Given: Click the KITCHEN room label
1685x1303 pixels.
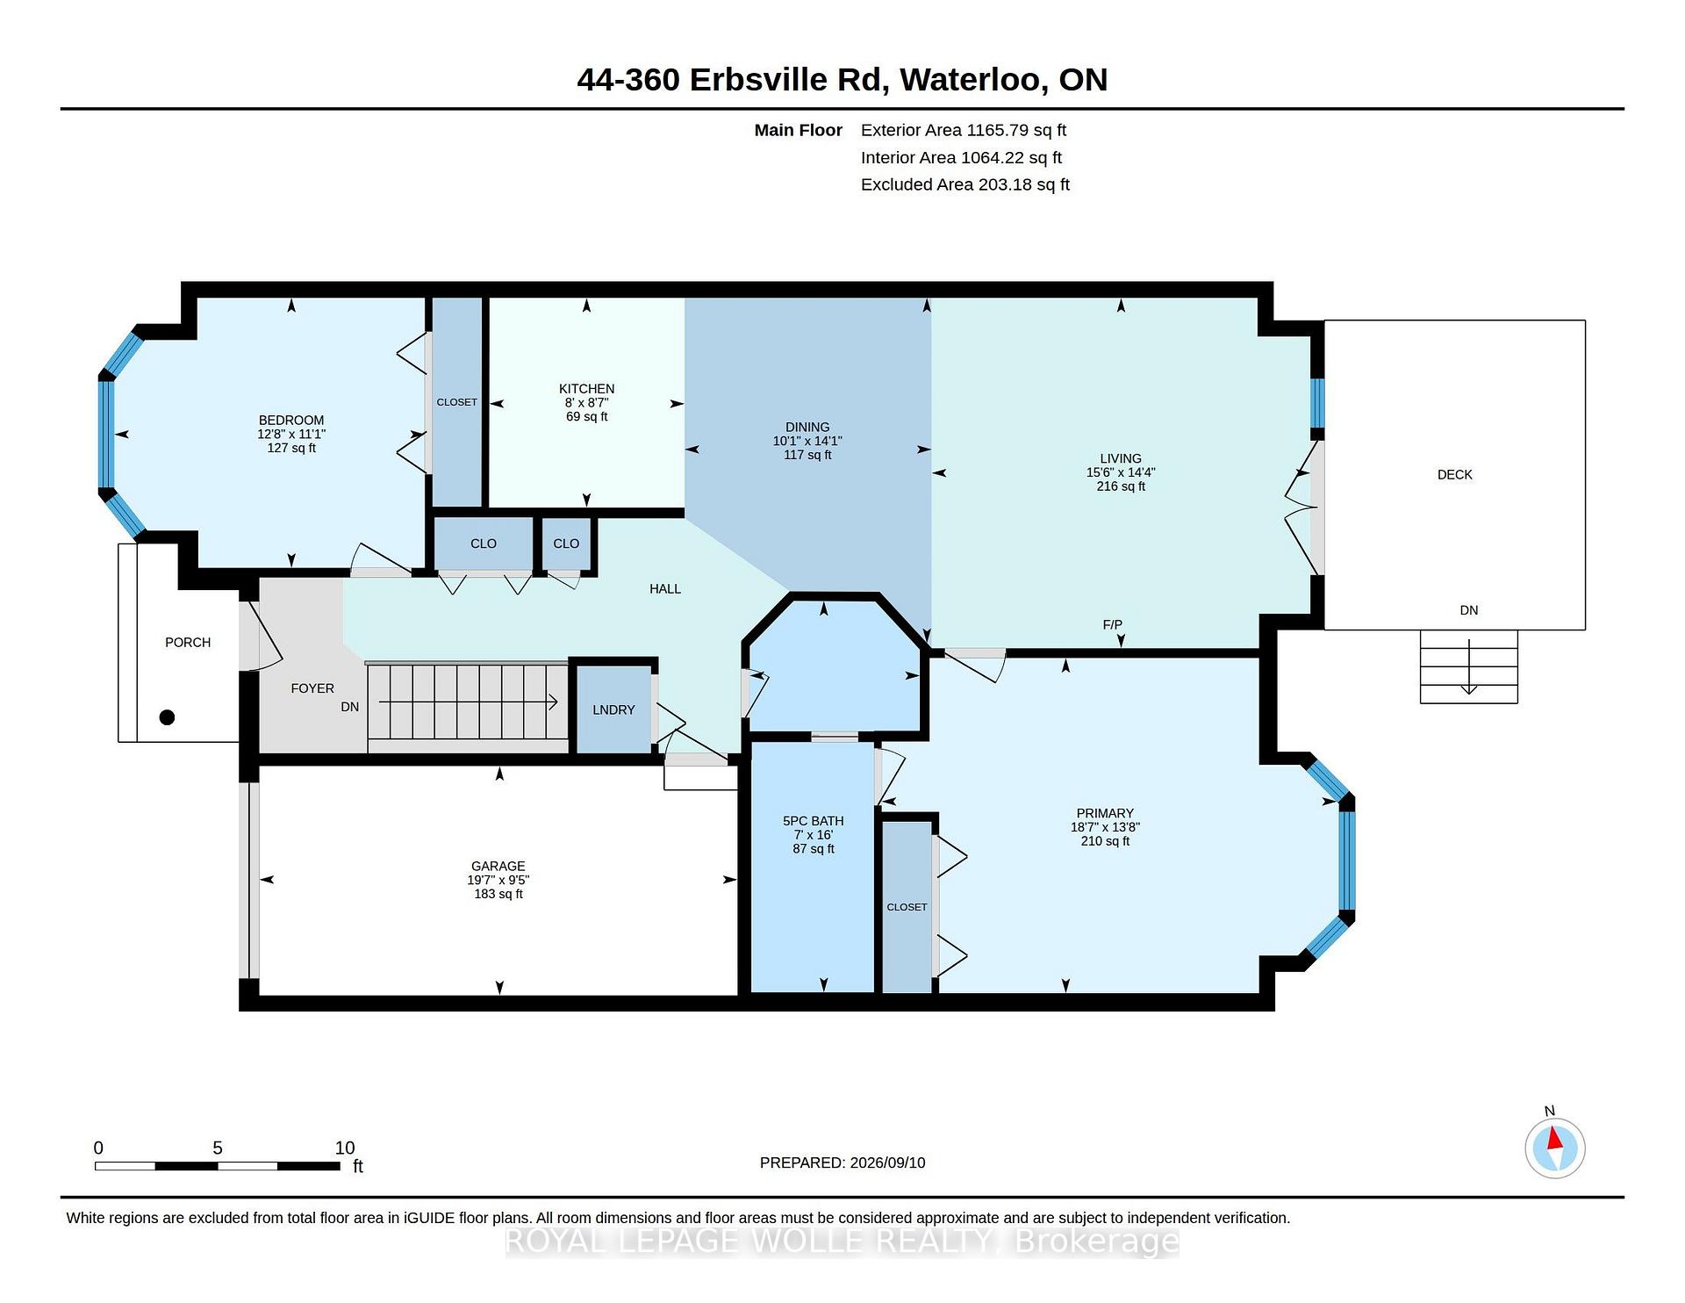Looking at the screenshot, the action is click(x=586, y=389).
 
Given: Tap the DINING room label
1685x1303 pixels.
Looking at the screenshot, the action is click(x=807, y=428).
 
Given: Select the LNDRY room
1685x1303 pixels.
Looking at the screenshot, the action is click(x=613, y=709).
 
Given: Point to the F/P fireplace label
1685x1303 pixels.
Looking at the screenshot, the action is click(x=1112, y=625).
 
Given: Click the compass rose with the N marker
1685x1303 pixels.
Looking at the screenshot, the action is click(x=1554, y=1146).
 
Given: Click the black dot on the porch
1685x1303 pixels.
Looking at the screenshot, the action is click(x=167, y=717).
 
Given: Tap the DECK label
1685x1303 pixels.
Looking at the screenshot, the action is click(x=1454, y=475).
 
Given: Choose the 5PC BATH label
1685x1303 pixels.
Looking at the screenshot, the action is click(x=813, y=821).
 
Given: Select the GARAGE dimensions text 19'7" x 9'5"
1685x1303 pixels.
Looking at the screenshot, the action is click(x=498, y=880).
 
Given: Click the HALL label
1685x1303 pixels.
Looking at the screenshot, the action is click(x=665, y=589).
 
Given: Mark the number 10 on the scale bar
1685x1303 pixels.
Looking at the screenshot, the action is click(x=345, y=1148).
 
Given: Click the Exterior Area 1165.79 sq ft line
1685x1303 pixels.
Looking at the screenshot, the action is click(x=963, y=130).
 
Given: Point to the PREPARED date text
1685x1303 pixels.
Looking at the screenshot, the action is click(x=842, y=1163).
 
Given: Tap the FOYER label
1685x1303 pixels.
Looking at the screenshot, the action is click(x=312, y=689).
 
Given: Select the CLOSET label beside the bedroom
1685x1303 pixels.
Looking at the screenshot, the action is click(x=457, y=402).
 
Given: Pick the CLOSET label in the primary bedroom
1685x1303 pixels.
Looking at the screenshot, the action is click(x=907, y=907).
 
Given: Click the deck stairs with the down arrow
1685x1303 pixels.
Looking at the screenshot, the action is click(x=1469, y=666).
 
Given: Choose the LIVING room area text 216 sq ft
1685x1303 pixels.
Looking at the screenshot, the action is click(x=1121, y=486).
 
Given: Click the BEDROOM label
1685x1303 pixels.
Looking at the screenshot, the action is click(x=291, y=421).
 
